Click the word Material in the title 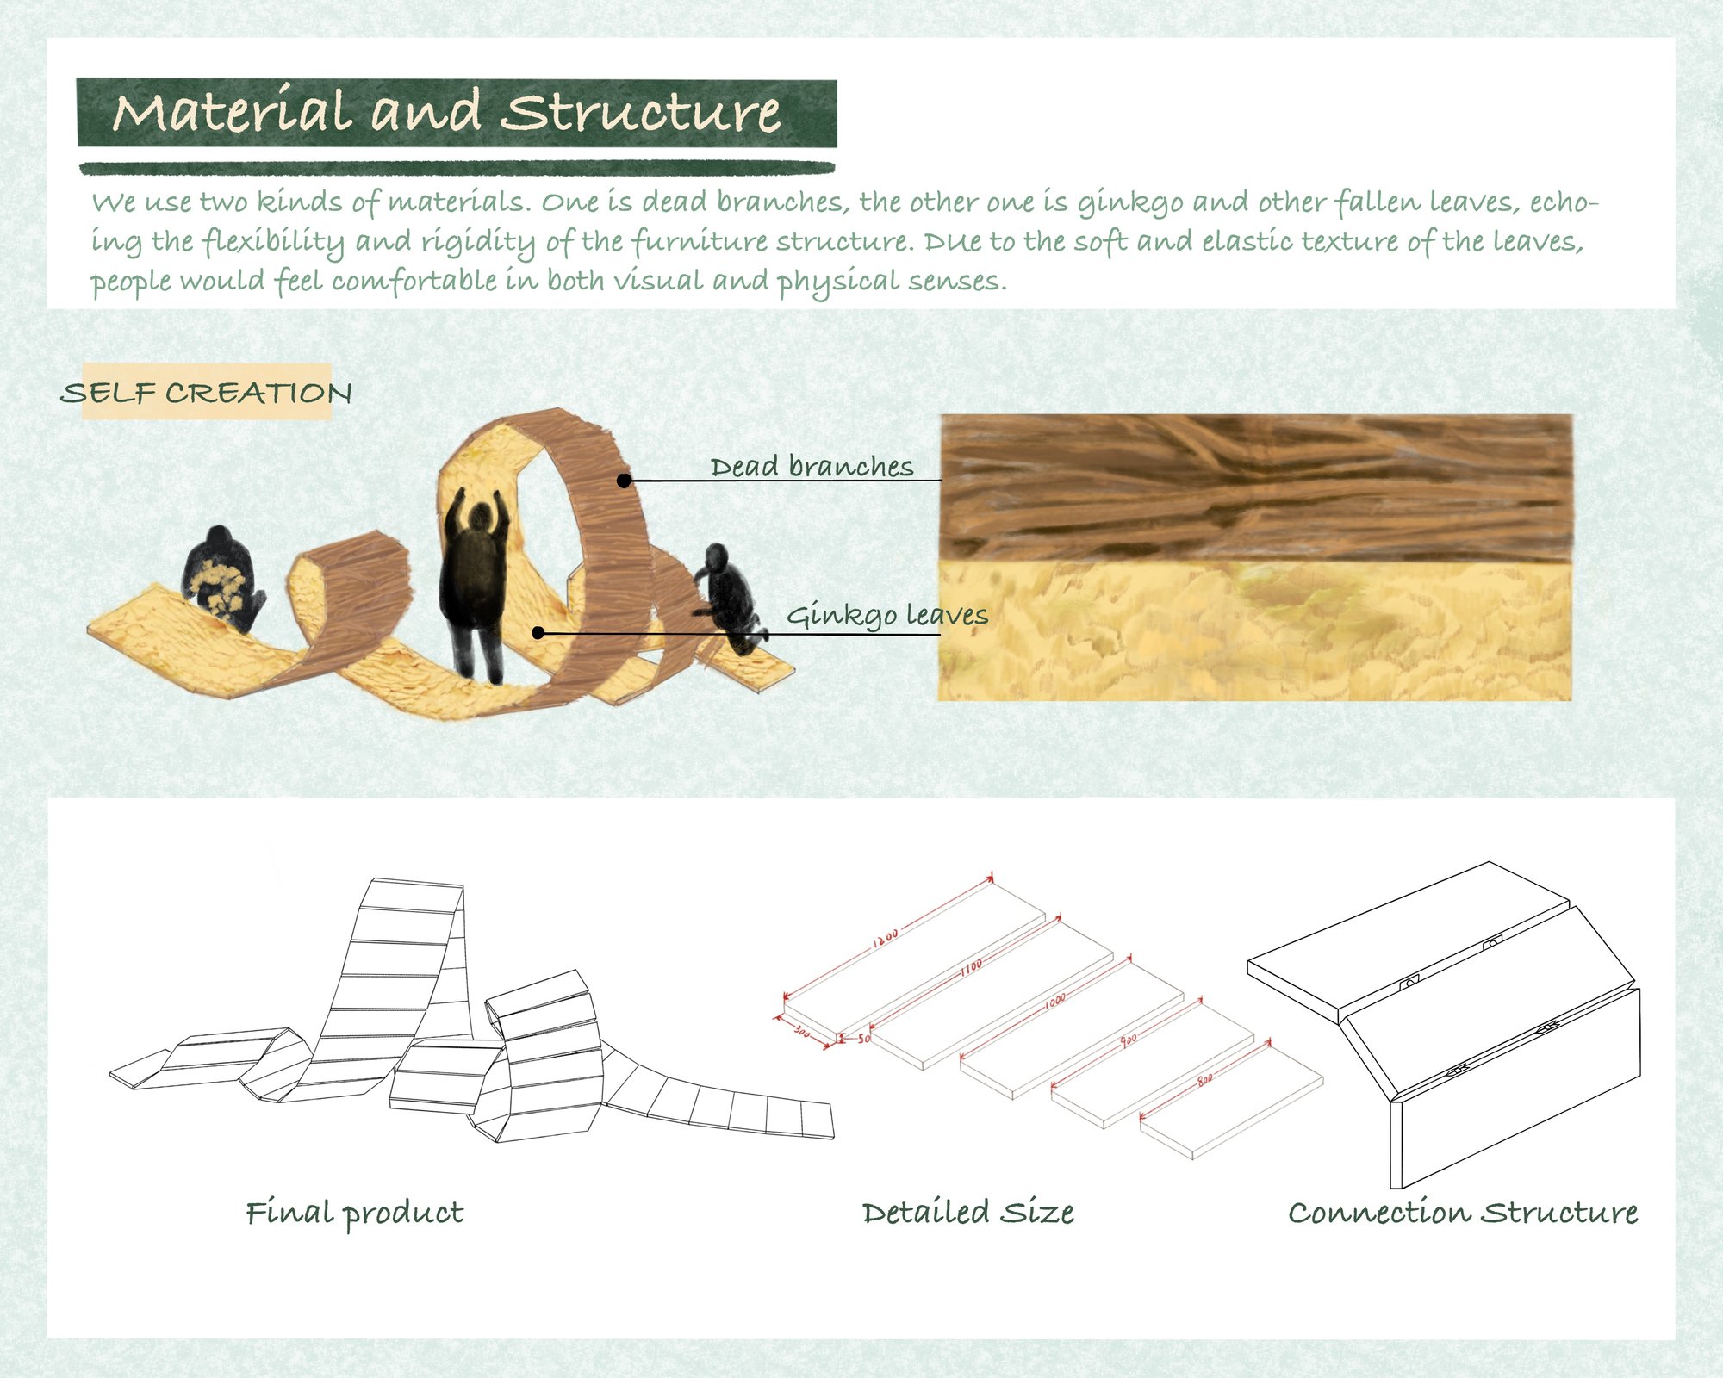(x=232, y=112)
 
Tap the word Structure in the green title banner (x=641, y=112)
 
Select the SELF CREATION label (x=207, y=393)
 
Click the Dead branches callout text (x=812, y=467)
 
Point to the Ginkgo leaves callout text (x=887, y=615)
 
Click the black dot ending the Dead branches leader (x=625, y=481)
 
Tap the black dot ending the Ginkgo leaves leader (x=538, y=633)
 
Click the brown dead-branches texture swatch (x=1256, y=487)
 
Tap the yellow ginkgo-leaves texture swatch (x=1256, y=631)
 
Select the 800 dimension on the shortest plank (x=1205, y=1079)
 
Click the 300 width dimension (x=801, y=1031)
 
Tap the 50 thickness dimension (x=864, y=1039)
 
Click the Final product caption (x=355, y=1213)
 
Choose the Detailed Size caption (x=968, y=1213)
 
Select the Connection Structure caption (x=1463, y=1213)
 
